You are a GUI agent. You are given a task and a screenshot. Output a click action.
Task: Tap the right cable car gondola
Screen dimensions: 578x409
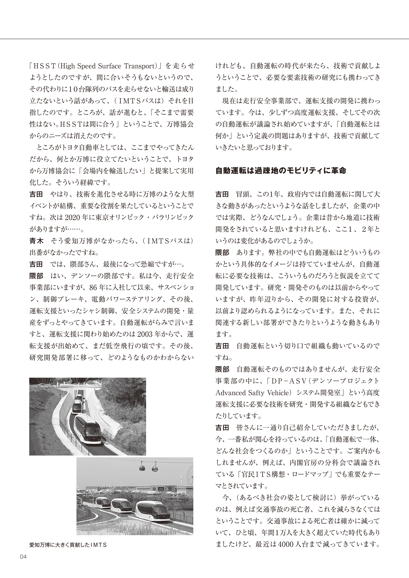click(154, 468)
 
